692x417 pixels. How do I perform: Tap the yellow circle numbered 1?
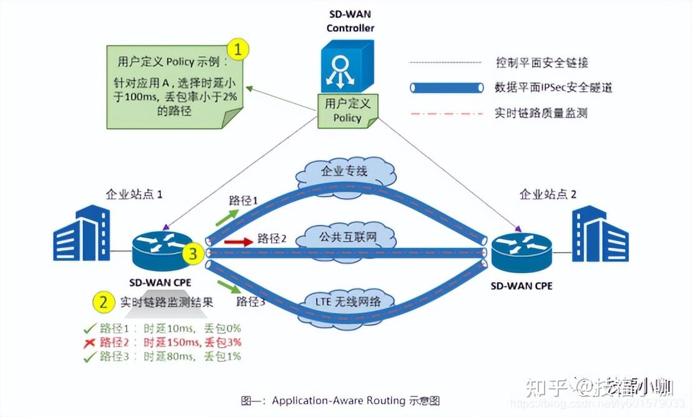238,49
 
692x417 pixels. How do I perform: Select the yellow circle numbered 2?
103,302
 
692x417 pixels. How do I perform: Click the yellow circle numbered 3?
193,253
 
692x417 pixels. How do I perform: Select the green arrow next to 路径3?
227,288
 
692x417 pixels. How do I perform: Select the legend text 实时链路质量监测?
541,113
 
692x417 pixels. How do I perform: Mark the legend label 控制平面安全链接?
541,62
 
